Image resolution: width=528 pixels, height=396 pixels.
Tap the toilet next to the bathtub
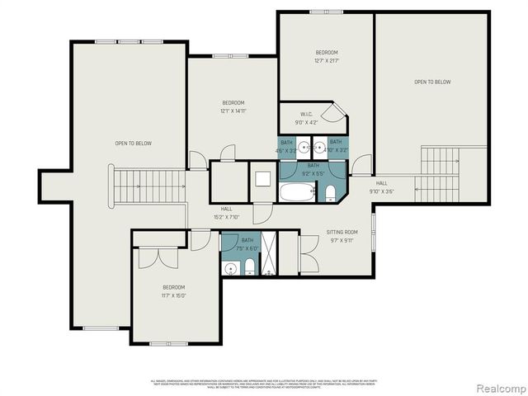pyautogui.click(x=330, y=194)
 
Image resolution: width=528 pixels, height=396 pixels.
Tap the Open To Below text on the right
pyautogui.click(x=432, y=82)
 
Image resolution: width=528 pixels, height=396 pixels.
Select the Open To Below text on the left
pyautogui.click(x=133, y=144)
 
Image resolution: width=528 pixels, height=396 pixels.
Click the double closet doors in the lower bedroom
pyautogui.click(x=157, y=257)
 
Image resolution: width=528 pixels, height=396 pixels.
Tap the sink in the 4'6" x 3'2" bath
pyautogui.click(x=304, y=148)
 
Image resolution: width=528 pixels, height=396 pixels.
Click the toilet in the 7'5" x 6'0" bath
pyautogui.click(x=248, y=267)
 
